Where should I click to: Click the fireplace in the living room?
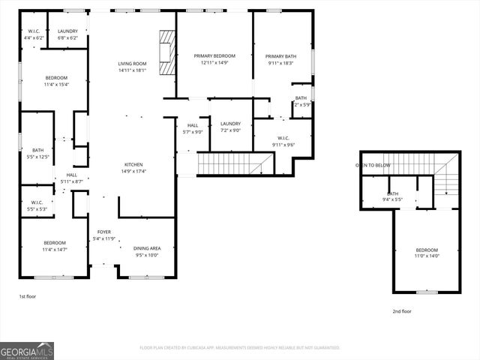[166, 52]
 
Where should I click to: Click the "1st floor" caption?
[27, 297]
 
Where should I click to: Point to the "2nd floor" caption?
[402, 311]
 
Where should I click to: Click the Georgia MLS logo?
[27, 350]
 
